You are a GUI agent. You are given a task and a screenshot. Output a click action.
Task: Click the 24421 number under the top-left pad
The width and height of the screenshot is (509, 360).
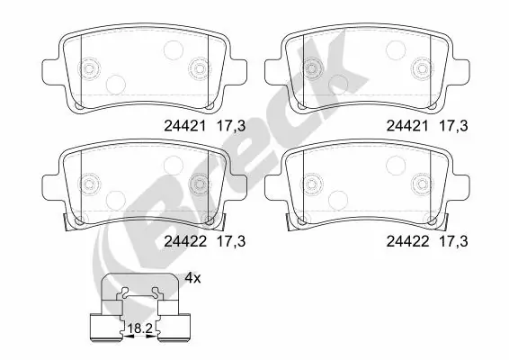click(183, 128)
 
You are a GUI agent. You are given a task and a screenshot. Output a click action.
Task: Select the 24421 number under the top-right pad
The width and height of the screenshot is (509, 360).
click(406, 128)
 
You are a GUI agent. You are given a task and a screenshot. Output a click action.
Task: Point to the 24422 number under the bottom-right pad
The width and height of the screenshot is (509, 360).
click(406, 240)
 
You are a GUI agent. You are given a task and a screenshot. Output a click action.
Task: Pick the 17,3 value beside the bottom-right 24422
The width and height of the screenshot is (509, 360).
click(453, 240)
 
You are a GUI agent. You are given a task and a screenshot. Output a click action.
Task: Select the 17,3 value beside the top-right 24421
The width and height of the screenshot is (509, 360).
click(453, 128)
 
